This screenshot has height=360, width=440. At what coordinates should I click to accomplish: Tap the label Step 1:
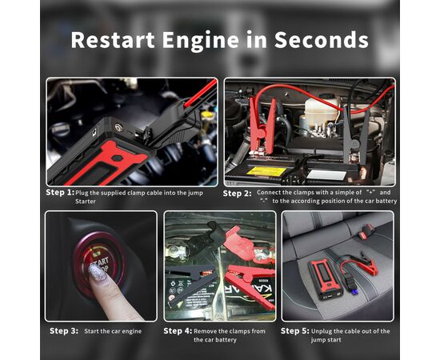click(60, 193)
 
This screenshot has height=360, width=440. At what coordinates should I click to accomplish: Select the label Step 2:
click(237, 194)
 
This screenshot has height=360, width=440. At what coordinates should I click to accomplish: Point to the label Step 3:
click(64, 330)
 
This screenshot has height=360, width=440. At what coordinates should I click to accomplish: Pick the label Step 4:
click(178, 330)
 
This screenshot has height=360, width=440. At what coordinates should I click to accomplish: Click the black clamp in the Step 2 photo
click(358, 132)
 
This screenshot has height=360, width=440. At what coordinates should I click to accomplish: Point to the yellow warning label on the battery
click(266, 170)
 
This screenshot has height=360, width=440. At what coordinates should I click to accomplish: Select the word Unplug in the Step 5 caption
click(330, 330)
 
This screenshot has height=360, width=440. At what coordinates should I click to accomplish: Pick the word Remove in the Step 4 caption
click(208, 330)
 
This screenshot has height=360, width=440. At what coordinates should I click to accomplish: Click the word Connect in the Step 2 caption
click(274, 193)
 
